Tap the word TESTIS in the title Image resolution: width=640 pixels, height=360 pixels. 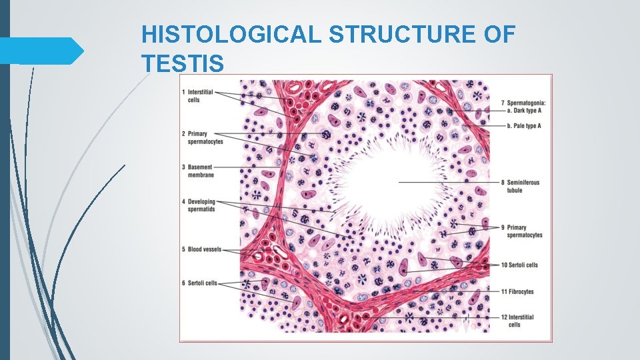(x=183, y=63)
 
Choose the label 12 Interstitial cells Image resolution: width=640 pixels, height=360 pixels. (x=520, y=320)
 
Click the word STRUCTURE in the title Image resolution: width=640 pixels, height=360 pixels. (x=407, y=35)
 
